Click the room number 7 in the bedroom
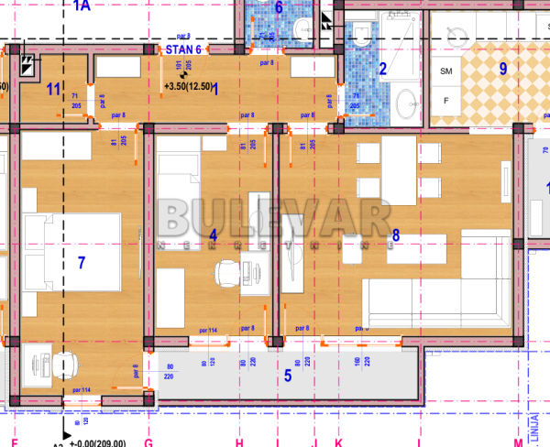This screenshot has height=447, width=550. pyautogui.click(x=82, y=263)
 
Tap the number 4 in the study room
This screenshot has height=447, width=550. pyautogui.click(x=213, y=235)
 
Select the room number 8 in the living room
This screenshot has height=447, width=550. pyautogui.click(x=395, y=236)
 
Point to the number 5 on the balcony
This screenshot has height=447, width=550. pyautogui.click(x=287, y=374)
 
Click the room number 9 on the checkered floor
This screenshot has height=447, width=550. pyautogui.click(x=502, y=67)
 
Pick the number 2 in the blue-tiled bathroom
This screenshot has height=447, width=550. pyautogui.click(x=383, y=68)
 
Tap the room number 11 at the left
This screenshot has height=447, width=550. pyautogui.click(x=53, y=89)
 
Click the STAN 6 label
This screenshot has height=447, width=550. pyautogui.click(x=182, y=49)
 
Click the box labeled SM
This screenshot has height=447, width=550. pyautogui.click(x=446, y=71)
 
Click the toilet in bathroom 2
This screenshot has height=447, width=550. pyautogui.click(x=361, y=37)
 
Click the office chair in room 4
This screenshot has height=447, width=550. pyautogui.click(x=226, y=272)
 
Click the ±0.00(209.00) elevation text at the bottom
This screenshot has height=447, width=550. pyautogui.click(x=101, y=442)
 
